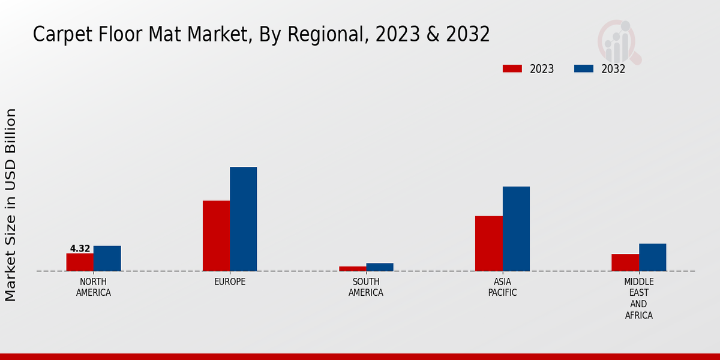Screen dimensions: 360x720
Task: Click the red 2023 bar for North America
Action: click(x=80, y=262)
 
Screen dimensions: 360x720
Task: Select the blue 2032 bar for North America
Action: click(x=107, y=259)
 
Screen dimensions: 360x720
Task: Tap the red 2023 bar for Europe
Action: click(x=216, y=236)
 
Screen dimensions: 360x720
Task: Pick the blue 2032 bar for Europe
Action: click(x=243, y=219)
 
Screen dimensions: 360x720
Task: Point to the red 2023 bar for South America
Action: click(x=352, y=268)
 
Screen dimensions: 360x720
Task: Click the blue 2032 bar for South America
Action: click(x=380, y=267)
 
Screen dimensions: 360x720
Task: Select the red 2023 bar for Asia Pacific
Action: click(x=488, y=244)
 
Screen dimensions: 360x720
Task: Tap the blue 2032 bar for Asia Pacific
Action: click(x=516, y=229)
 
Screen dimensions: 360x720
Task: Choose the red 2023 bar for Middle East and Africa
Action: click(x=625, y=262)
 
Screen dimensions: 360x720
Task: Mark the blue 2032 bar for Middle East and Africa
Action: click(x=652, y=257)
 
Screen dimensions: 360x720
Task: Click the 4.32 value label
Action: click(x=80, y=248)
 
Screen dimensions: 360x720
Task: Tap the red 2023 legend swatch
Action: click(x=512, y=68)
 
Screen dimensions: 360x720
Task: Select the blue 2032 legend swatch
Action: click(x=584, y=68)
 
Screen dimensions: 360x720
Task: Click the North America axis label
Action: click(x=94, y=287)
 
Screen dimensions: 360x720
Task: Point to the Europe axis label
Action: click(x=230, y=282)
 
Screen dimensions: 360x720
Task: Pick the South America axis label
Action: click(x=366, y=287)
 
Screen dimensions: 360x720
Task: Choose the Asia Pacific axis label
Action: click(x=502, y=287)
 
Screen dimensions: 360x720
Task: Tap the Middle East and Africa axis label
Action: click(x=639, y=298)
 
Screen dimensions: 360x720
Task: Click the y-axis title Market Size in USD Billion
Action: click(x=11, y=205)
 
